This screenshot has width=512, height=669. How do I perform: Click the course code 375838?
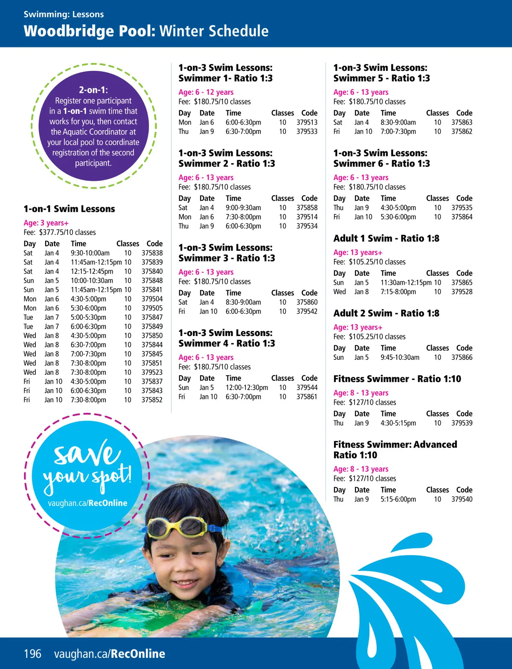tap(152, 253)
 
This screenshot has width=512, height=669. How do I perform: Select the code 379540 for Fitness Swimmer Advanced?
tap(462, 499)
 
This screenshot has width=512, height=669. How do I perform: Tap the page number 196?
tap(32, 654)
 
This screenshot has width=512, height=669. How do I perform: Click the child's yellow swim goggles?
tap(183, 527)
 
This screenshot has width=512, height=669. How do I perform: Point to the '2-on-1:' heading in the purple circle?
tap(93, 90)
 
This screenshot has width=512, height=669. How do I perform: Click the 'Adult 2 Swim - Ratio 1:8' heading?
tap(386, 313)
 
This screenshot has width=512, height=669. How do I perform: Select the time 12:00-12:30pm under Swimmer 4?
tap(247, 388)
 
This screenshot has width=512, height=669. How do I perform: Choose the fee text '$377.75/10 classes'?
tap(67, 232)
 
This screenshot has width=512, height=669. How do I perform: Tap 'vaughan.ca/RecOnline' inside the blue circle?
tap(87, 503)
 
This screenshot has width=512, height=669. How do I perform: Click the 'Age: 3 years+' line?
tap(46, 223)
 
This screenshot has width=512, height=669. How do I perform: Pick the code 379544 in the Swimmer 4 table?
tap(307, 388)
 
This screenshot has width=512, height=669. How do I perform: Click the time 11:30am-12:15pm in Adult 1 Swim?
tap(406, 283)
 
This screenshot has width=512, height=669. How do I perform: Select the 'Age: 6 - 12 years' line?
tap(206, 92)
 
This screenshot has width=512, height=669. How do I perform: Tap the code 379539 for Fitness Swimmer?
tap(462, 423)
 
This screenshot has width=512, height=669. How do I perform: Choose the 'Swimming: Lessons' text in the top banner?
tap(64, 14)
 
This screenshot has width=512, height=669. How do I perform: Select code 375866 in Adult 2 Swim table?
tap(462, 357)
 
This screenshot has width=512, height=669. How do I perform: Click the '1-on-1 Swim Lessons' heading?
tap(69, 209)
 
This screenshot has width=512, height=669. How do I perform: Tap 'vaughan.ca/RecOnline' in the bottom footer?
tap(110, 654)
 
